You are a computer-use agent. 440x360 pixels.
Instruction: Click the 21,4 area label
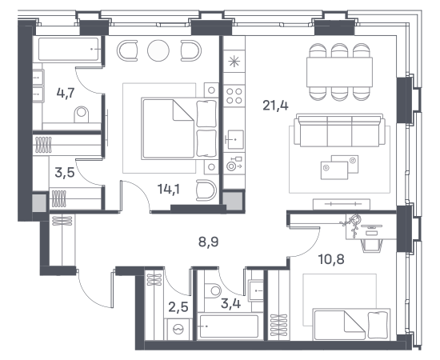pyautogui.click(x=275, y=106)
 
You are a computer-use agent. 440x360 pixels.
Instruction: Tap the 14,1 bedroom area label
pyautogui.click(x=169, y=190)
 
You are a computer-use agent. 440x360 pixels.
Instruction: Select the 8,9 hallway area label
pyautogui.click(x=208, y=242)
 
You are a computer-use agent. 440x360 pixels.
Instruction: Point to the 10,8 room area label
pyautogui.click(x=331, y=259)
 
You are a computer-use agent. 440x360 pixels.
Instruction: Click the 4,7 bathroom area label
pyautogui.click(x=66, y=93)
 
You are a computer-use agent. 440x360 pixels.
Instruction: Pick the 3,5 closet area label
pyautogui.click(x=65, y=172)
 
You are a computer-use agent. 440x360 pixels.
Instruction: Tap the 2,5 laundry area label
pyautogui.click(x=178, y=307)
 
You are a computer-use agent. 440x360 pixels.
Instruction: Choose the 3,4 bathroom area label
pyautogui.click(x=230, y=304)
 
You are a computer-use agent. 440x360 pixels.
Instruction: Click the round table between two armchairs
pyautogui.click(x=158, y=50)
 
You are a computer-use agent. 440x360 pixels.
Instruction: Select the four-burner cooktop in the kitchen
pyautogui.click(x=234, y=96)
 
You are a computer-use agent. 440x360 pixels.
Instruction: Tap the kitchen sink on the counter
pyautogui.click(x=235, y=139)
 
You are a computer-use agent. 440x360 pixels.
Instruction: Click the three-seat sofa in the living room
pyautogui.click(x=339, y=130)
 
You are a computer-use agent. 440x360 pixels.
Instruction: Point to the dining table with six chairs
pyautogui.click(x=339, y=72)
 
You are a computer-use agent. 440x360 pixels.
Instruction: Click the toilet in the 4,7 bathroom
pyautogui.click(x=82, y=114)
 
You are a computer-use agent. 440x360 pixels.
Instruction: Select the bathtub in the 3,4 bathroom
pyautogui.click(x=229, y=326)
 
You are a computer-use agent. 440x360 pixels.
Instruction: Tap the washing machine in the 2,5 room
pyautogui.click(x=178, y=329)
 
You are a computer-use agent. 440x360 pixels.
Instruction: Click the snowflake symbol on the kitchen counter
pyautogui.click(x=234, y=62)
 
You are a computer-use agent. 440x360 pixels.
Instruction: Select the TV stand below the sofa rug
pyautogui.click(x=342, y=204)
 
